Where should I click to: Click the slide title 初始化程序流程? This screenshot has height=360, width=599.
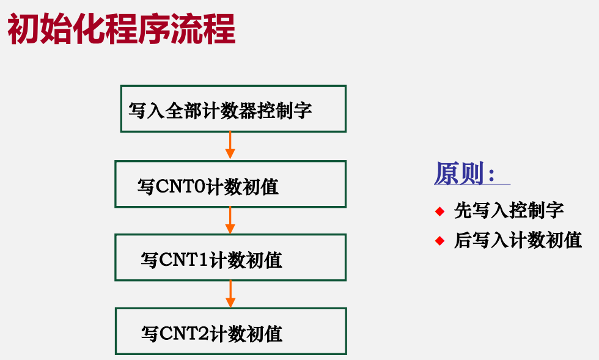coord(121,29)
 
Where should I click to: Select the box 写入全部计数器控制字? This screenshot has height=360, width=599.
coord(233,109)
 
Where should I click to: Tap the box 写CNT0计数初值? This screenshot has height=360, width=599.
coord(231,184)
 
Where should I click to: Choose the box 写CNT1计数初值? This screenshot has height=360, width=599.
coord(231,257)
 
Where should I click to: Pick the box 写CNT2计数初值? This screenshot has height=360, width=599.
coord(231,331)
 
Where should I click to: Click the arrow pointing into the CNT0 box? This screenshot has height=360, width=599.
coord(230,145)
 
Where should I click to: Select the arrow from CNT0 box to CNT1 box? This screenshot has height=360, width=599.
coord(230,221)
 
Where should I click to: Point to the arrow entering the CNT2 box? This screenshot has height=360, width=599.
coord(230,294)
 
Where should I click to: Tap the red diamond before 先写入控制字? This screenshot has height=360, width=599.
coord(439,211)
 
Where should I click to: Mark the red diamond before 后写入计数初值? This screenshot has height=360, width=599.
coord(439,241)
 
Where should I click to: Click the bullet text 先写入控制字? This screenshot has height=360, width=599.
coord(509,211)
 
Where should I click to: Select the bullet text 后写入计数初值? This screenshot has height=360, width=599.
coord(518,240)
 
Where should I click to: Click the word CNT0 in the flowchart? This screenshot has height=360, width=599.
coord(181,187)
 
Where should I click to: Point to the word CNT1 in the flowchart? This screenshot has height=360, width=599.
coord(184,260)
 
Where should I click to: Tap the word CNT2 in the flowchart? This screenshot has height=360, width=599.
coord(185,333)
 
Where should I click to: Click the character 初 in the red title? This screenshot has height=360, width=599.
coord(23,29)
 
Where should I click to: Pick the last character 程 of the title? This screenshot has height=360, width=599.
coord(219,29)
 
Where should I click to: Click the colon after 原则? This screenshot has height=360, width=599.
coord(491,175)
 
